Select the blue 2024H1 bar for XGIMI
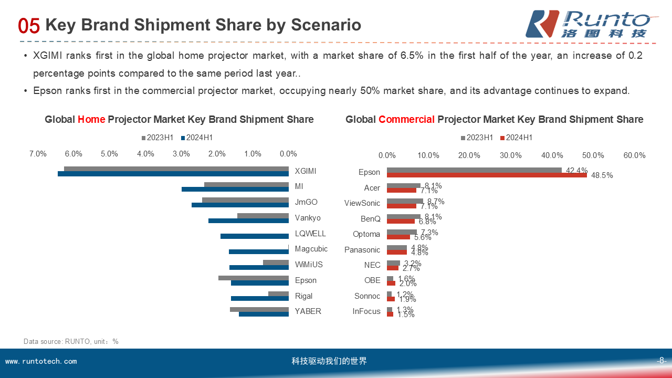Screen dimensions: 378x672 coord(173,174)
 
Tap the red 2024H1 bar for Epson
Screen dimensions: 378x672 coord(487,175)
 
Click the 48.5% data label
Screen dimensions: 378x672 coord(602,176)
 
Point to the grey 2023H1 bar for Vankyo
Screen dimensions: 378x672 coord(262,216)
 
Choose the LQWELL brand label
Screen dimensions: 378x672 coord(310,234)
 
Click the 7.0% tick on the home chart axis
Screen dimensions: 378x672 coord(38,154)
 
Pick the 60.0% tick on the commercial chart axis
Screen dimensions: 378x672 coord(634,155)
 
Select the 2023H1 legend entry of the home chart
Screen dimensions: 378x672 coord(157,138)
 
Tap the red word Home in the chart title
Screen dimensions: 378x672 coord(92,120)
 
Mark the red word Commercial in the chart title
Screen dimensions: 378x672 coord(406,120)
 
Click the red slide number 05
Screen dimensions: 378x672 coord(29,26)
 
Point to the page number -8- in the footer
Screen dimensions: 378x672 coord(661,361)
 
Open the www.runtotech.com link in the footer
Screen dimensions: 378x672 coord(41,361)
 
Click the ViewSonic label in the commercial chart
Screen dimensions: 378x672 coord(362,203)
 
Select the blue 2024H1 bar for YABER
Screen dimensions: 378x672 coord(264,314)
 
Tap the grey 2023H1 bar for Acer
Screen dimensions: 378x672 coord(403,185)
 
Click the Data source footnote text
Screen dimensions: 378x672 coord(71,341)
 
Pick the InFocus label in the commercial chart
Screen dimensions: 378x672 coord(366,311)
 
